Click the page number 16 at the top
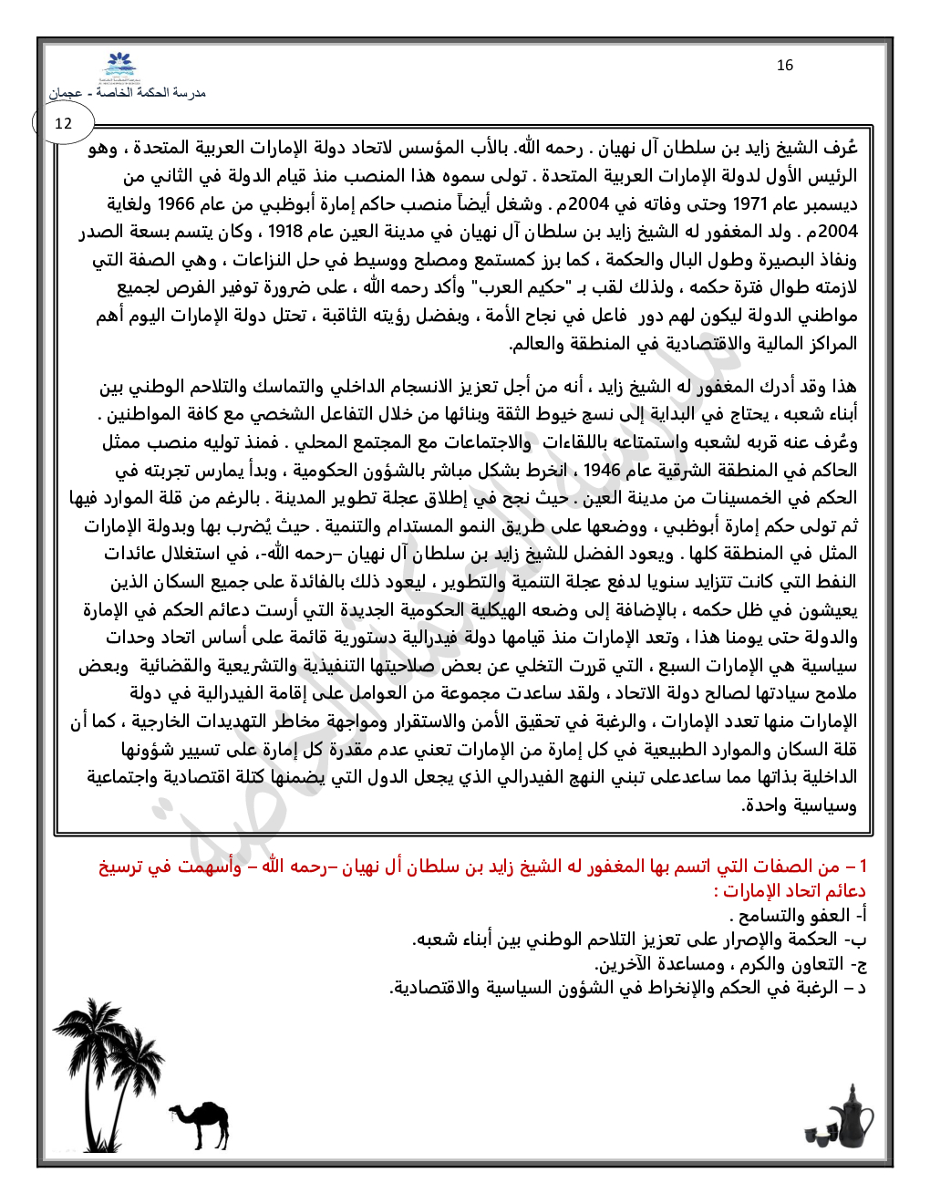pos(785,66)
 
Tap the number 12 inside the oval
pos(63,123)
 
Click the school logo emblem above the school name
pos(121,68)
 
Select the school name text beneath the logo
pos(127,93)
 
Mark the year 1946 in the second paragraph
pos(602,471)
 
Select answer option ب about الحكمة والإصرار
pos(638,939)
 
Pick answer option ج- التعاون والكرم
pos(729,964)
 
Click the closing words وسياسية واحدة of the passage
pos(800,805)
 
